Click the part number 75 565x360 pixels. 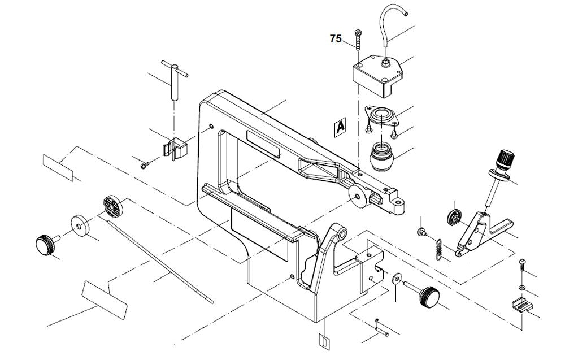tap(336, 39)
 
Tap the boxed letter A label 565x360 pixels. tap(340, 127)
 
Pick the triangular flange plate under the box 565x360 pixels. tap(383, 116)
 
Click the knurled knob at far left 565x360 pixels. tap(44, 245)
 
